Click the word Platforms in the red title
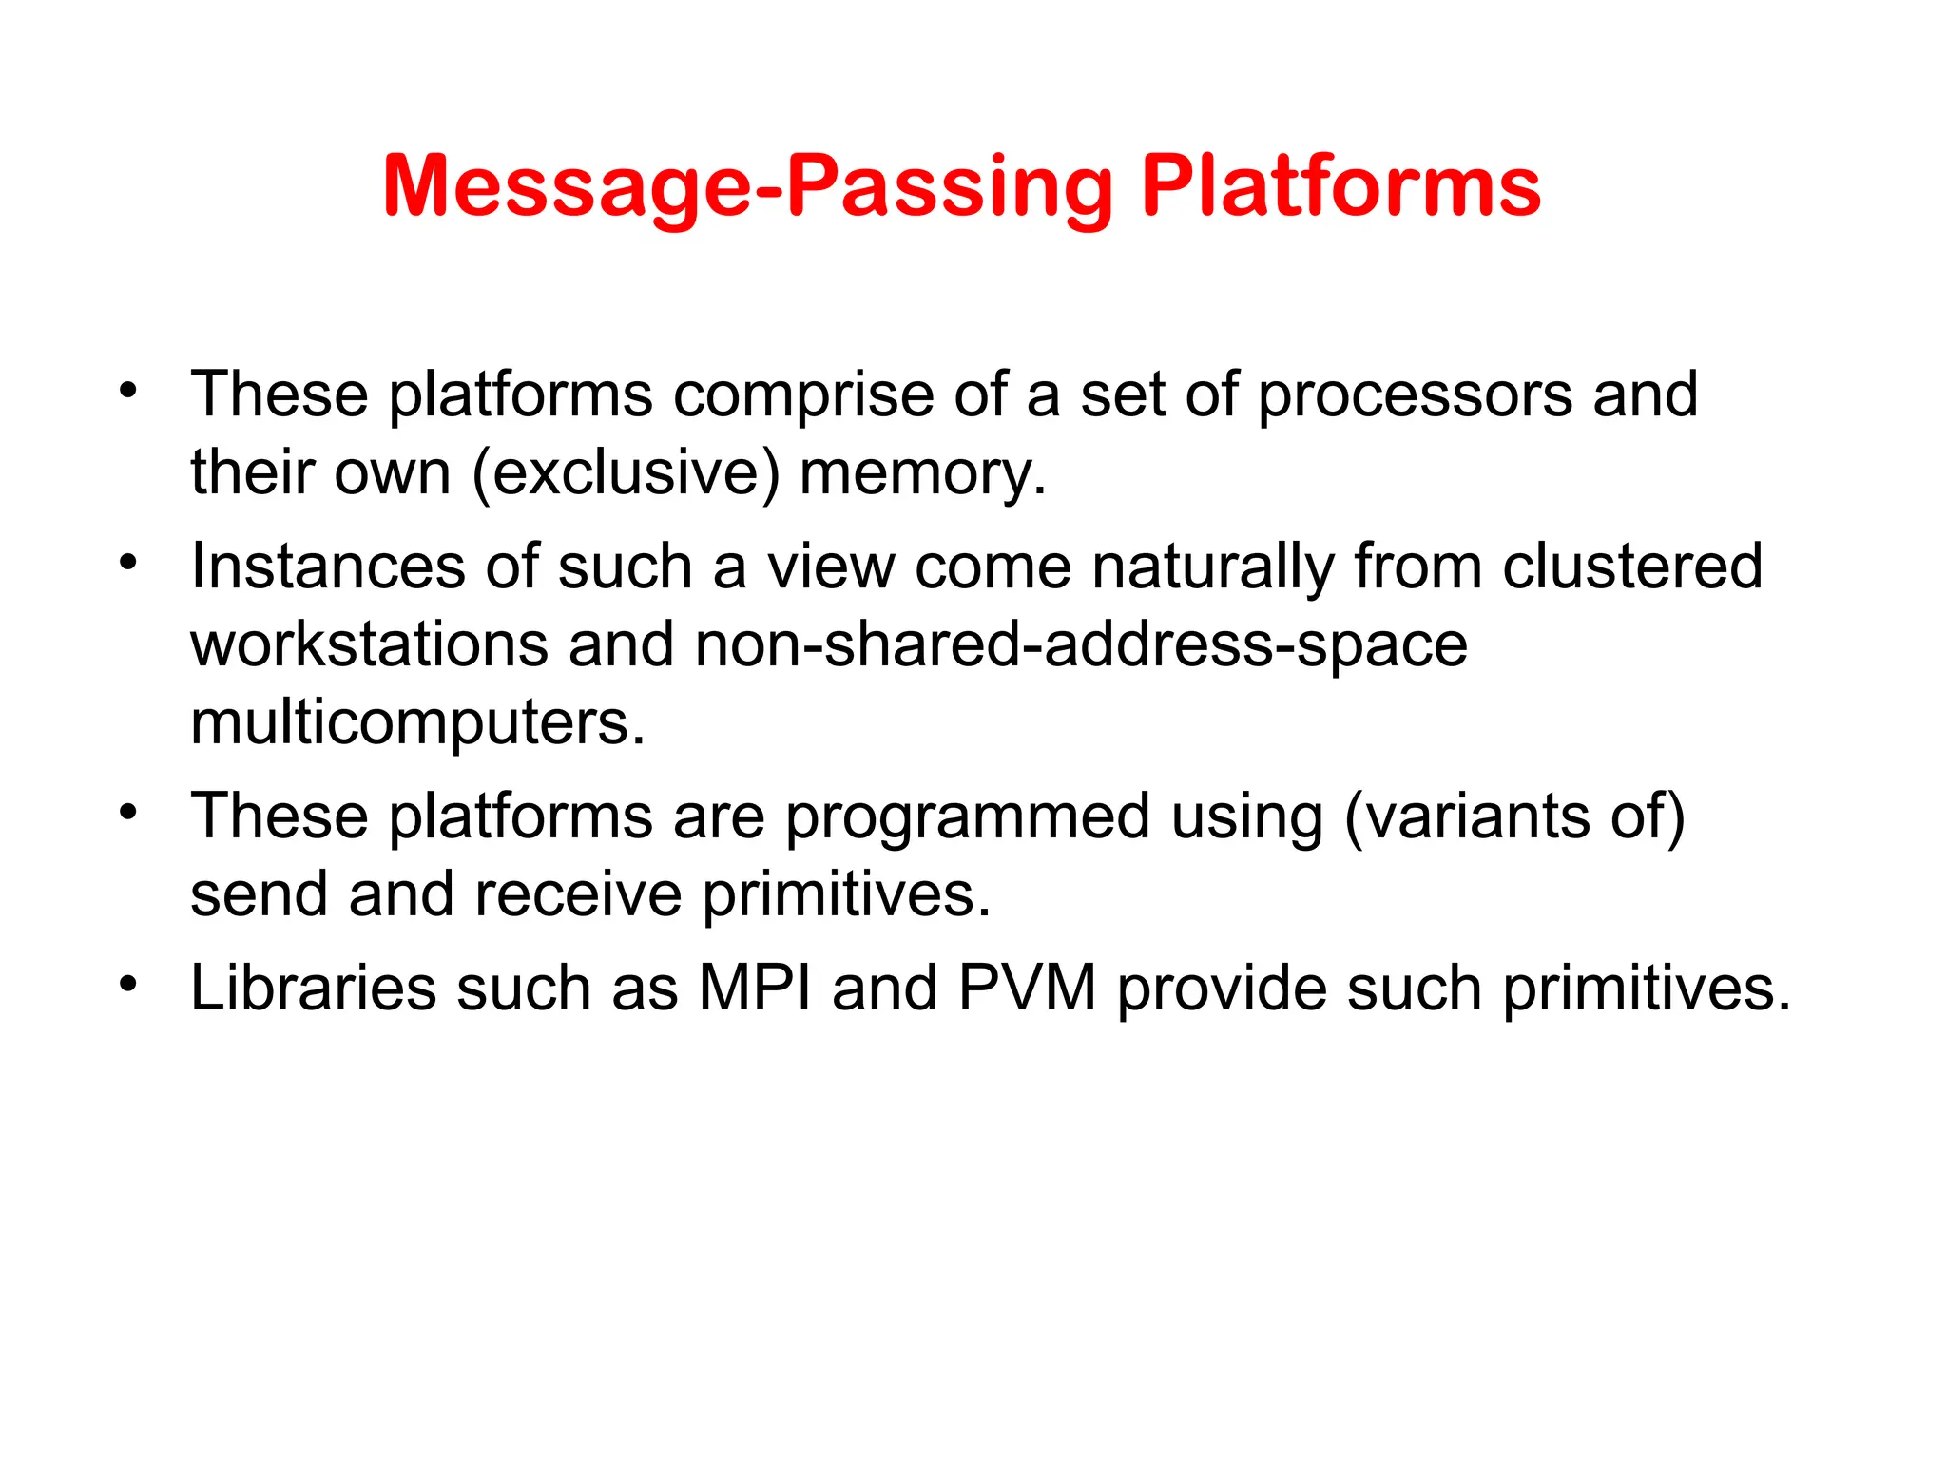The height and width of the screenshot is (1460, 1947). click(1340, 187)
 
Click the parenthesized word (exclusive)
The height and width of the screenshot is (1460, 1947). click(626, 473)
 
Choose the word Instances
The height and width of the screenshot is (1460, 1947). click(328, 567)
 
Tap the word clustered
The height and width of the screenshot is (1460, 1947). click(1632, 567)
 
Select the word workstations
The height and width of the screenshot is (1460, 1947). click(370, 644)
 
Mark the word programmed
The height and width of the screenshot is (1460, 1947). click(967, 817)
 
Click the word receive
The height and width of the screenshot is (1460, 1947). click(578, 895)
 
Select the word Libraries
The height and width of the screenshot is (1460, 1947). click(314, 989)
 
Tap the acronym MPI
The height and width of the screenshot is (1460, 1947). click(755, 989)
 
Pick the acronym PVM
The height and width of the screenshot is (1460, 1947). click(1027, 989)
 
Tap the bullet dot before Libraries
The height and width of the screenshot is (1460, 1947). click(128, 983)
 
